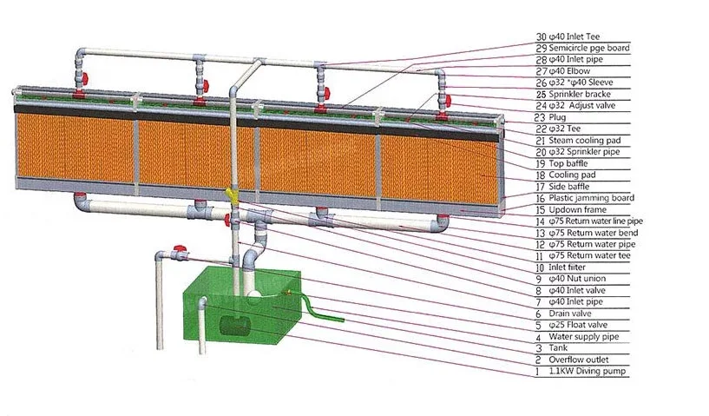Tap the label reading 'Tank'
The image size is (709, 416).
coord(558,348)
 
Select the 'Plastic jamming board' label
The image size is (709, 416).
coord(590,198)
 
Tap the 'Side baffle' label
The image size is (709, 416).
coord(569,187)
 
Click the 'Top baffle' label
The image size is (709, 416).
coord(568,163)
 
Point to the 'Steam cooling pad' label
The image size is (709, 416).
coord(581,140)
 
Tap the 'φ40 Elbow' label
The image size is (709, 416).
coord(573,71)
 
